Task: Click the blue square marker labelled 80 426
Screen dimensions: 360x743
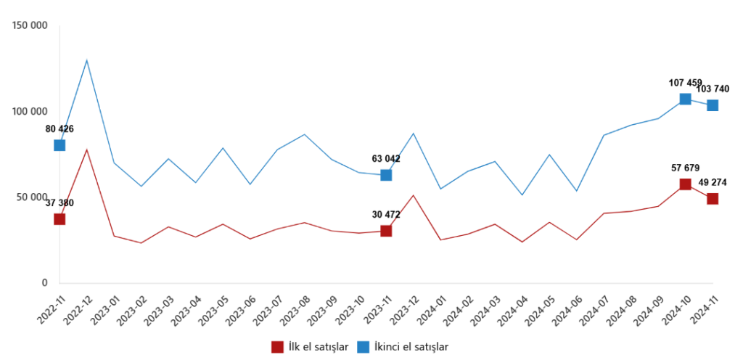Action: tap(59, 145)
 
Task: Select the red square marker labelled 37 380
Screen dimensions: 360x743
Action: tap(59, 219)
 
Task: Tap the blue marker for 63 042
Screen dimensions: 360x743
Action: tap(386, 175)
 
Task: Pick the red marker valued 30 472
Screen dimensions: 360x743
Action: tap(386, 231)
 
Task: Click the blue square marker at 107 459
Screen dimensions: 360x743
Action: tap(685, 99)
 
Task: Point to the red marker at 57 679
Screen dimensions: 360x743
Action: tap(685, 184)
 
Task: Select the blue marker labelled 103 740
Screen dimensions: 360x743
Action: tap(713, 105)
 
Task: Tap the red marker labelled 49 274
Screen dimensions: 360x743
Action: tap(713, 199)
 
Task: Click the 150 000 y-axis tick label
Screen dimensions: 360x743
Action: tap(30, 26)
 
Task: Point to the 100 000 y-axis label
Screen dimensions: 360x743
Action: tap(30, 112)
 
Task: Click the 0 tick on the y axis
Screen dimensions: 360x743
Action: tap(44, 283)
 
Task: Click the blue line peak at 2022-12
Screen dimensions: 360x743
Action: tap(87, 60)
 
